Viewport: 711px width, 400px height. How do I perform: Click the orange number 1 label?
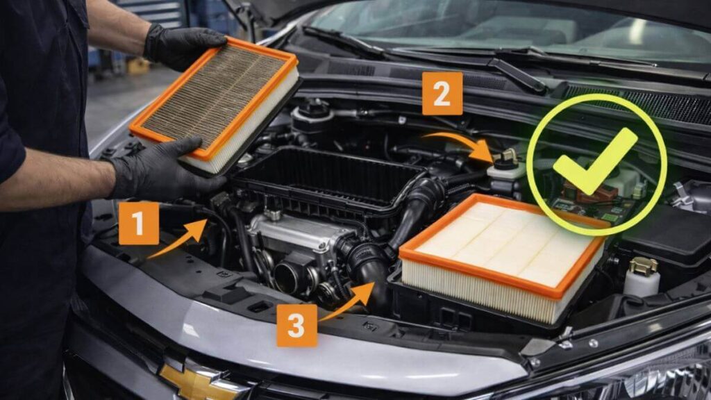139,223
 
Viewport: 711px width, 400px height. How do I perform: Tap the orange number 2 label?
442,93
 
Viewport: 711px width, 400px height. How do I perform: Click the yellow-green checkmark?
596,160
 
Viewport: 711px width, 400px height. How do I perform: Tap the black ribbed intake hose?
417,209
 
